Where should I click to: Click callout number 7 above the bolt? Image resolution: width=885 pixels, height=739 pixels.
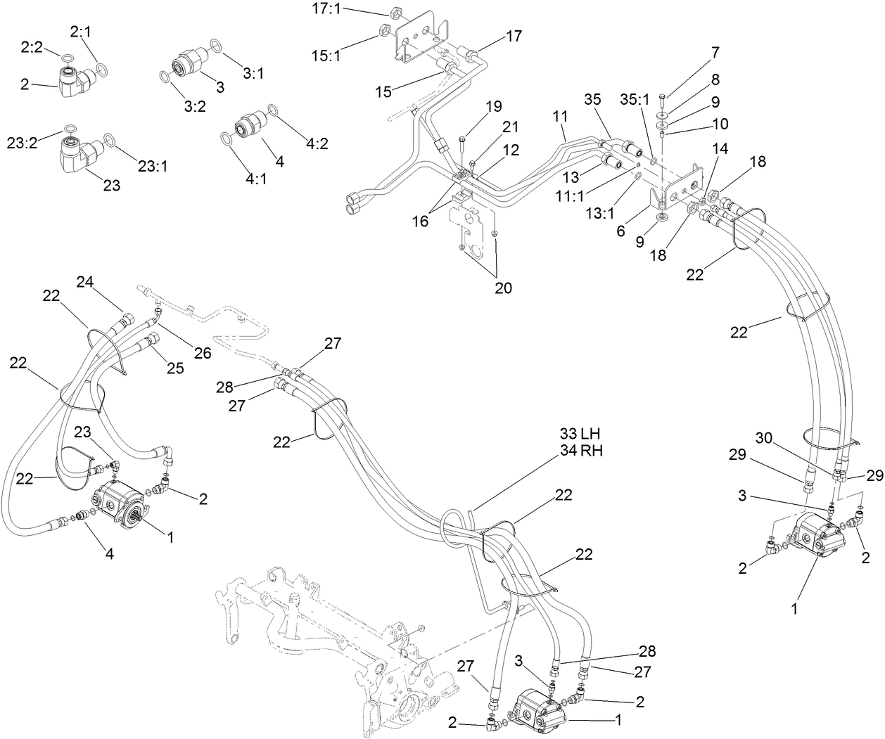click(715, 52)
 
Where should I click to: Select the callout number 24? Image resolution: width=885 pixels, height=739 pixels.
click(85, 282)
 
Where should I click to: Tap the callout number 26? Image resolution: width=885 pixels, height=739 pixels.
click(203, 353)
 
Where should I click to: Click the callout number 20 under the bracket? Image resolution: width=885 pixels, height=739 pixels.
click(503, 288)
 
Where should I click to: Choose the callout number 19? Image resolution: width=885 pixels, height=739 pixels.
click(493, 107)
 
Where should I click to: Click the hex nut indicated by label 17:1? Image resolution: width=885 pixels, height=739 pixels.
click(395, 11)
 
